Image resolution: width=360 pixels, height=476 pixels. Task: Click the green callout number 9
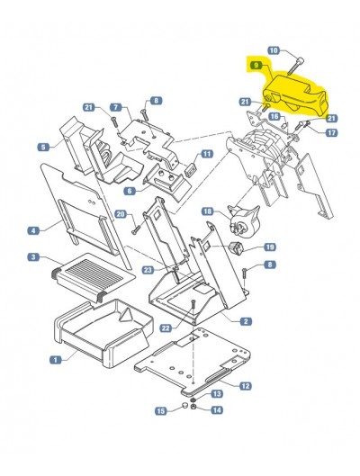pyautogui.click(x=256, y=66)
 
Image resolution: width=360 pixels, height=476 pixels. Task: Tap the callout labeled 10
pyautogui.click(x=274, y=50)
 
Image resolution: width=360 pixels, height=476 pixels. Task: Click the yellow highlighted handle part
pyautogui.click(x=293, y=94)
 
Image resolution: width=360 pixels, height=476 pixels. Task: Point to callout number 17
pyautogui.click(x=331, y=132)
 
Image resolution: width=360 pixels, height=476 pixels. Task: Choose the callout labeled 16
pyautogui.click(x=274, y=117)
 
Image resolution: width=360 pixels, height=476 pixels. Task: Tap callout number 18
pyautogui.click(x=208, y=211)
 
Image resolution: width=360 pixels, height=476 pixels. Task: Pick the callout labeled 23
pyautogui.click(x=148, y=270)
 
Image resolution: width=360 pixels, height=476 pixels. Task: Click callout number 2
pyautogui.click(x=246, y=321)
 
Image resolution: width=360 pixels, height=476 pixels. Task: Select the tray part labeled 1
pyautogui.click(x=103, y=332)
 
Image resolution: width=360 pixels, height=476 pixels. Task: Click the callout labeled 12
pyautogui.click(x=246, y=386)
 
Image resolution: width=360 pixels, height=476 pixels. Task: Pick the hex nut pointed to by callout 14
pyautogui.click(x=193, y=407)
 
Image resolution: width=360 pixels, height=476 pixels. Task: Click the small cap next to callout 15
pyautogui.click(x=184, y=406)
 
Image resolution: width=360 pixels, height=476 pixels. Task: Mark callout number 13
pyautogui.click(x=217, y=394)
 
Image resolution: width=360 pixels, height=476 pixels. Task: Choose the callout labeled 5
pyautogui.click(x=43, y=148)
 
